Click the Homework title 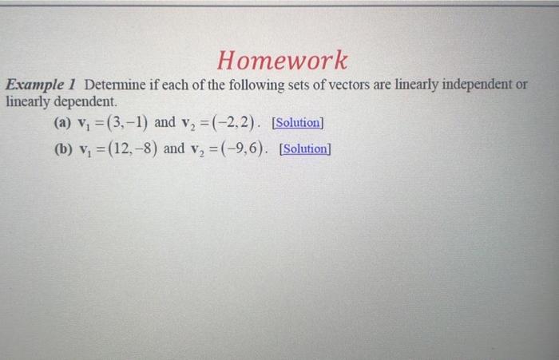(283, 60)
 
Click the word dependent (85, 102)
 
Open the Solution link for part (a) (297, 124)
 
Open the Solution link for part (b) (305, 149)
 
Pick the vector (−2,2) (236, 124)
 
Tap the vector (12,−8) (130, 149)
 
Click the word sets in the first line (304, 85)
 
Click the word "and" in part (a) (165, 124)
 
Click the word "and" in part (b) (172, 149)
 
